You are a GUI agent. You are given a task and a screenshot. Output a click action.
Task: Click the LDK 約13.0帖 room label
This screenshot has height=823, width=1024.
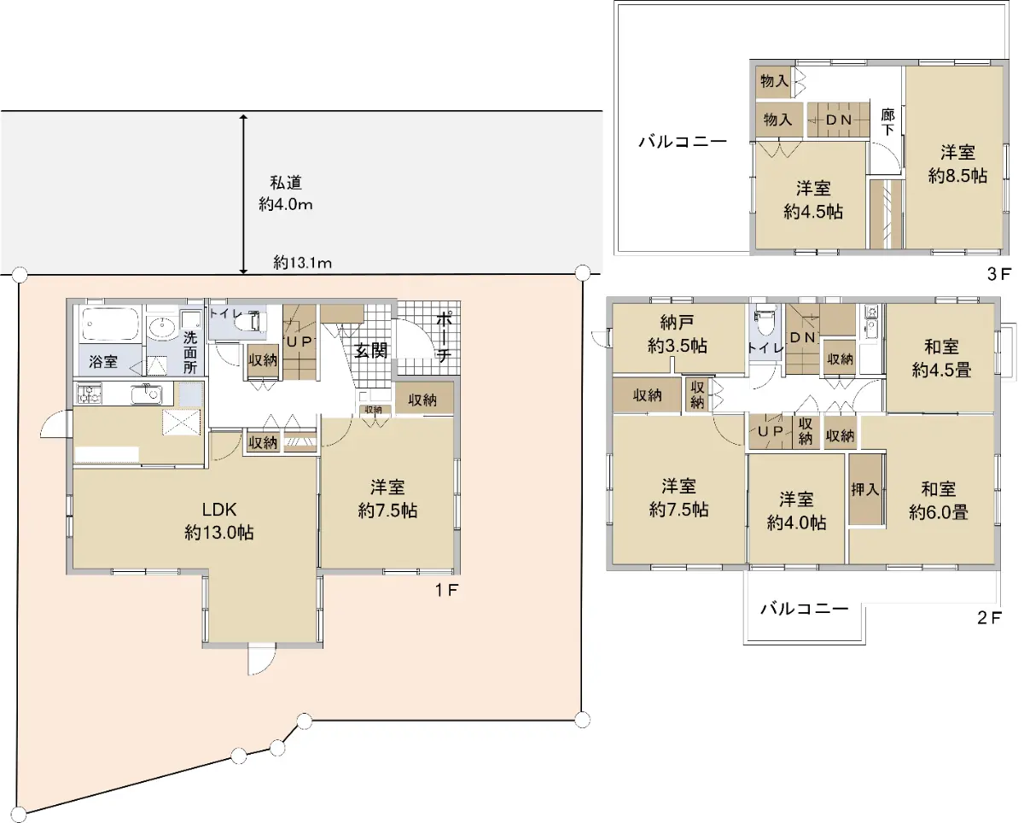coord(219,521)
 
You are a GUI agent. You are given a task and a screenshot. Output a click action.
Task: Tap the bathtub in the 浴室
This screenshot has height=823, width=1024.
coord(110,324)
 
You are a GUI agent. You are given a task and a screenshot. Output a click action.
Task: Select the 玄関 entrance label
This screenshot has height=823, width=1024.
coord(370,350)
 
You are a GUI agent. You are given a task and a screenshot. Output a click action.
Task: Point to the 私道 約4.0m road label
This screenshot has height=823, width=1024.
coord(286,194)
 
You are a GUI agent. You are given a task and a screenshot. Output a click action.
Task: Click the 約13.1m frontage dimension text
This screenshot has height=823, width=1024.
coord(303,263)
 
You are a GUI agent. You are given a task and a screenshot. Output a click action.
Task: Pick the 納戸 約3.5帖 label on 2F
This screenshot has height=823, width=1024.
coord(677,334)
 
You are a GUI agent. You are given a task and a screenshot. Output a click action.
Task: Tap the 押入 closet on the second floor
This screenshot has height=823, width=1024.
coord(865,489)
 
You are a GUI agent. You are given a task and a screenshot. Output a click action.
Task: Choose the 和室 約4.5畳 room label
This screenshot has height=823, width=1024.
coord(941,358)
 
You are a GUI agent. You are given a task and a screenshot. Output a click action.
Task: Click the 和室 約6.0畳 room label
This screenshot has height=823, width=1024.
coord(939,501)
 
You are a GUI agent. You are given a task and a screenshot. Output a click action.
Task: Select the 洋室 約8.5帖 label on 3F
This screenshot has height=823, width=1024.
coord(957,164)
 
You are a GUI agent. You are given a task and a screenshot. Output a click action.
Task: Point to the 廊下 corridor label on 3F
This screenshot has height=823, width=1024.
coord(887,122)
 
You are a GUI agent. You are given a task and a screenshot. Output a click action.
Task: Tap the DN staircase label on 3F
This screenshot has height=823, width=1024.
coord(839,120)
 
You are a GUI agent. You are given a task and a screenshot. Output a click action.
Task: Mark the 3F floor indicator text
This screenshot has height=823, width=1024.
coord(998,274)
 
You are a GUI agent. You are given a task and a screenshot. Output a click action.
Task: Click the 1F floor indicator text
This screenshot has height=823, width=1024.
coord(446,591)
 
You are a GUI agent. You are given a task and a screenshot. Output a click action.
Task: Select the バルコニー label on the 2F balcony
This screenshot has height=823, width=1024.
coord(804,609)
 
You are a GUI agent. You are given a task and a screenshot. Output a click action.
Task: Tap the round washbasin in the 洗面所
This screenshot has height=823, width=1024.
coord(163,328)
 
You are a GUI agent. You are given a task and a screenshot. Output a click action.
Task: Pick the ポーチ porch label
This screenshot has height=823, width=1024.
coord(444,336)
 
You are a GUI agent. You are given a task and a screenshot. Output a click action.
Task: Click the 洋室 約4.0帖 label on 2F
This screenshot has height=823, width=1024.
coord(796,511)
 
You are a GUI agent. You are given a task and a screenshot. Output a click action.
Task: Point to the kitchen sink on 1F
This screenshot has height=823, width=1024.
coord(147,394)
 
